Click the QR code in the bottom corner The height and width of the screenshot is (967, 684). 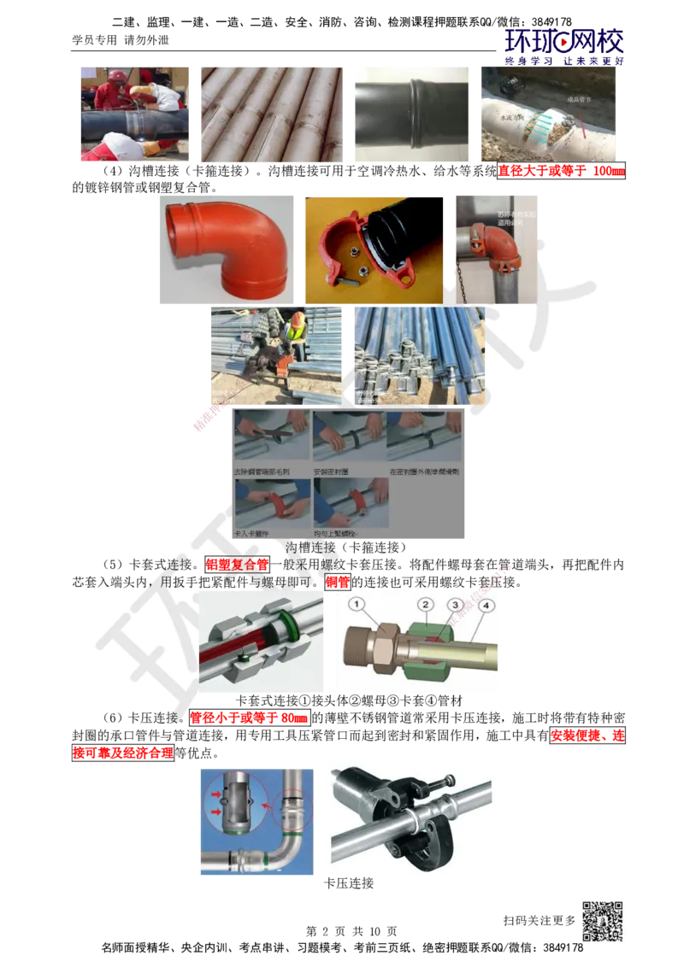click(x=601, y=922)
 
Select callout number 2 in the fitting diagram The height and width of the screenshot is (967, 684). click(x=425, y=605)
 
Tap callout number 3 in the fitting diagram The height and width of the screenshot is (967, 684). click(x=456, y=605)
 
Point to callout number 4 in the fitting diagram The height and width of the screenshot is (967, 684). click(x=486, y=606)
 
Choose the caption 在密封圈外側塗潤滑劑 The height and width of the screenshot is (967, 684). click(x=424, y=472)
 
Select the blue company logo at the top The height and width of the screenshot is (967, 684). click(x=564, y=47)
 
